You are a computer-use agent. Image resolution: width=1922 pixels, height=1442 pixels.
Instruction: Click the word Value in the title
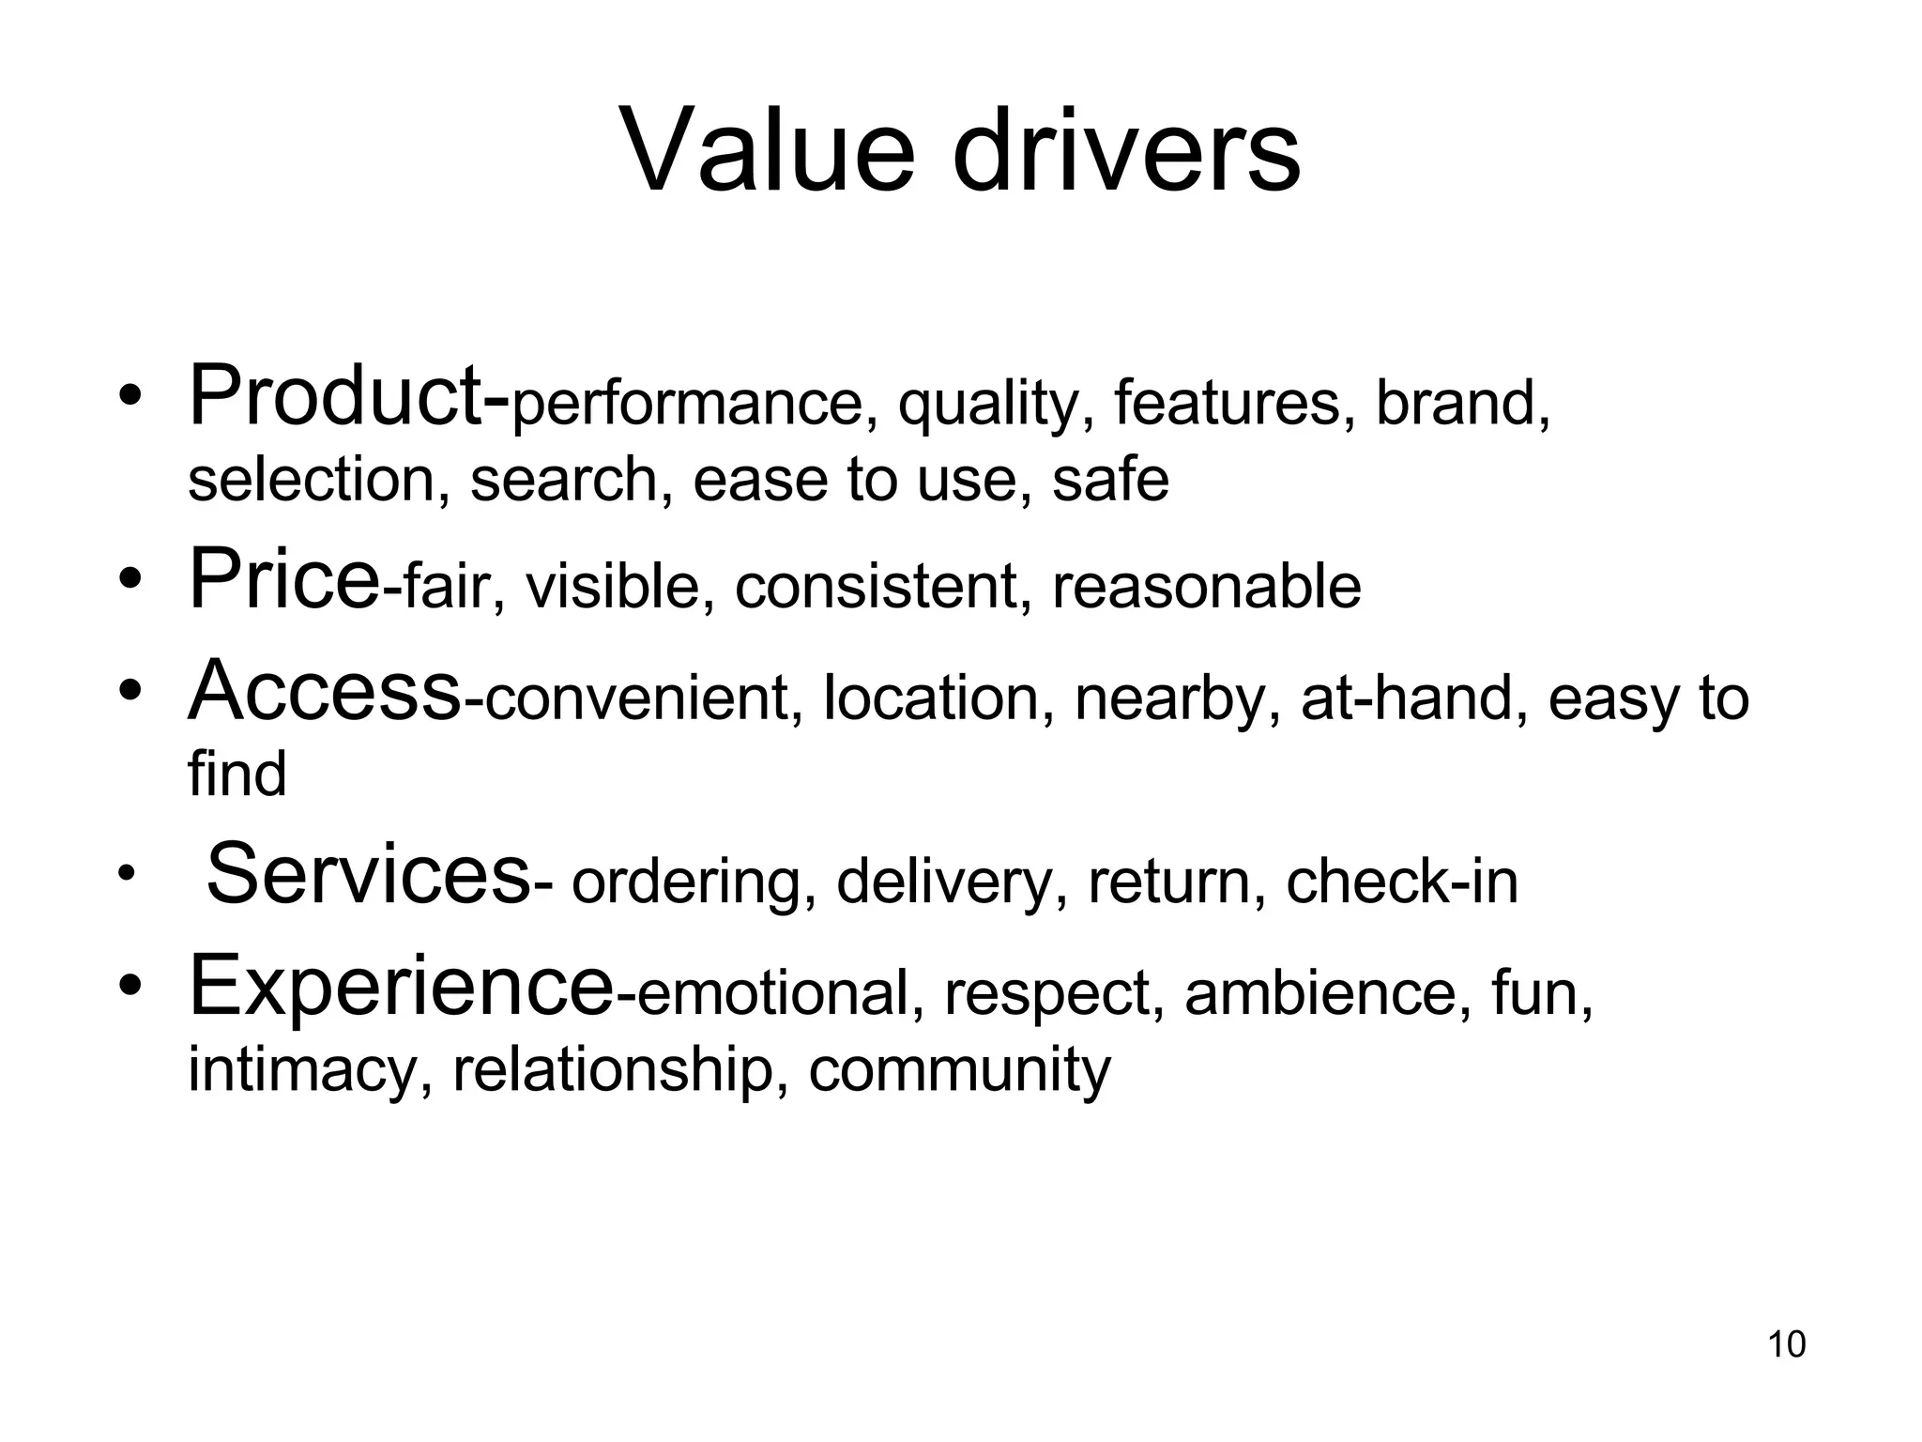(767, 150)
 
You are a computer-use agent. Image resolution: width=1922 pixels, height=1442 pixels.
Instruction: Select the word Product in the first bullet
(336, 398)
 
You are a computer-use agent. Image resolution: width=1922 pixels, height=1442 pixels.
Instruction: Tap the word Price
(283, 579)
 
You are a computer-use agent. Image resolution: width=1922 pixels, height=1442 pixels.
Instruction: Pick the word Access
(324, 692)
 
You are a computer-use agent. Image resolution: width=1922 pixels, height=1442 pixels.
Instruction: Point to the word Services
(368, 875)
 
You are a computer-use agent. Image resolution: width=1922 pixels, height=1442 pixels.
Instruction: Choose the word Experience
(401, 986)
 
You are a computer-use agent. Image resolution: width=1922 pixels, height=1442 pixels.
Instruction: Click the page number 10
(1786, 1344)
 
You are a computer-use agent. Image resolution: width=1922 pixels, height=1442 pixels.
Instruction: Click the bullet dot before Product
(130, 398)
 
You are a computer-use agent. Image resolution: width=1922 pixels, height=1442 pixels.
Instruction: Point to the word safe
(1110, 480)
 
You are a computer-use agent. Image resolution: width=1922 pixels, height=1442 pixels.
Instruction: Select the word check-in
(1401, 882)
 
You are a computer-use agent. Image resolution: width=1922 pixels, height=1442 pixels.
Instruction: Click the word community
(959, 1071)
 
